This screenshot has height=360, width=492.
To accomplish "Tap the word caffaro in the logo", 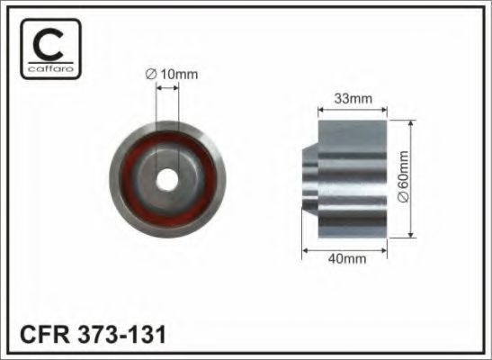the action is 50,68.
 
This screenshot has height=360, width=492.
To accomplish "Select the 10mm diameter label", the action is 172,75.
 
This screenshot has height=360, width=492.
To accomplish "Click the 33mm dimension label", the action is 353,99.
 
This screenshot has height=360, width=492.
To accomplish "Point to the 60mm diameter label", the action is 404,176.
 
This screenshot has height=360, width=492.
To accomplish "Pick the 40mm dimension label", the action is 347,259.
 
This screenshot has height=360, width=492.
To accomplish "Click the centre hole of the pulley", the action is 167,180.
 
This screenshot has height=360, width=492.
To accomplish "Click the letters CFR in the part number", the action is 44,335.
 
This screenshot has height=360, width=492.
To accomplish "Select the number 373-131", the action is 121,335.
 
